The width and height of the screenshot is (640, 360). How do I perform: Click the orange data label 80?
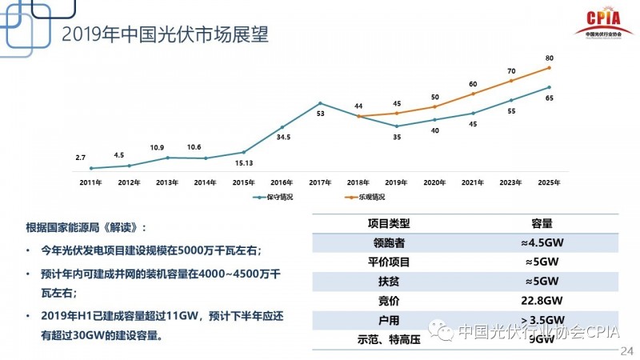click(549, 58)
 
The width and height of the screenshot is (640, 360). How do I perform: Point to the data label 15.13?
click(243, 164)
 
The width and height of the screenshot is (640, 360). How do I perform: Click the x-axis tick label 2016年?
click(282, 182)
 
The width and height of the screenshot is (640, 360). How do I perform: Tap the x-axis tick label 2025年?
click(549, 182)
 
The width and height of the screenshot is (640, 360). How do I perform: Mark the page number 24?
click(626, 350)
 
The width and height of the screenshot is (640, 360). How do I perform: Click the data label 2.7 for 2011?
click(81, 158)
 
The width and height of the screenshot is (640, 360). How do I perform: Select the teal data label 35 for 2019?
click(397, 137)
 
